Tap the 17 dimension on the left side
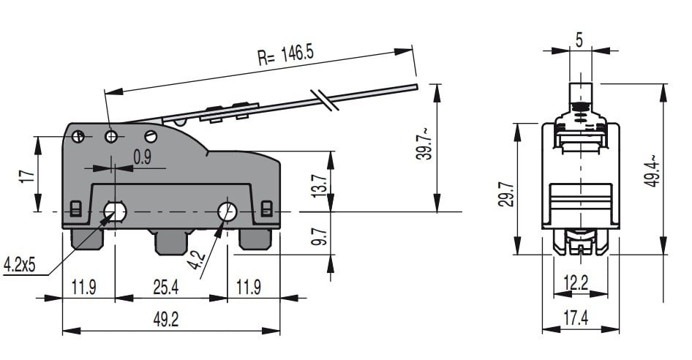click(27, 176)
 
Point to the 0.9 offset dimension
click(142, 156)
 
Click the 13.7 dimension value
click(317, 187)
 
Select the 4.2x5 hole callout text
click(20, 265)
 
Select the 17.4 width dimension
click(576, 318)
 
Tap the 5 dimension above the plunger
click(579, 40)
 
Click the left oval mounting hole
click(115, 211)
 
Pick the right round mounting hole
click(227, 211)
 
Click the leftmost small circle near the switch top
click(80, 136)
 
